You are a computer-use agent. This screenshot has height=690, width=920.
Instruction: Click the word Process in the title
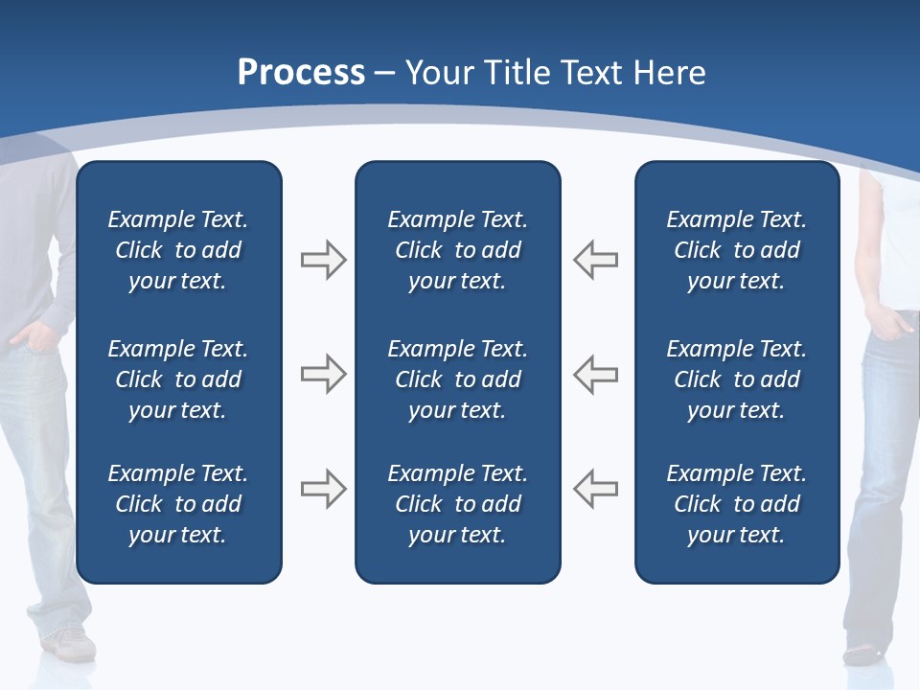301,72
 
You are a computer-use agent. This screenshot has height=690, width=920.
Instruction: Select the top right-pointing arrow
324,260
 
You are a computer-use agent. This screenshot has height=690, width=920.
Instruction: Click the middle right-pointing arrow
324,374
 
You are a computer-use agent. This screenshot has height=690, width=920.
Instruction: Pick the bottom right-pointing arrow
324,489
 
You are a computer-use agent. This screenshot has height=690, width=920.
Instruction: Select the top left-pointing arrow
595,260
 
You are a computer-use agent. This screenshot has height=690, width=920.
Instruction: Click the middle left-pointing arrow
595,374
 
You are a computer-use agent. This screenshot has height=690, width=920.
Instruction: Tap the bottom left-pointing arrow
595,489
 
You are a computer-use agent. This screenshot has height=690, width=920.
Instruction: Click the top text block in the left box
178,250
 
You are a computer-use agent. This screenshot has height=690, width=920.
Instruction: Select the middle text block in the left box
178,379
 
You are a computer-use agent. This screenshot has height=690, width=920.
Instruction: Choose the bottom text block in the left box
178,504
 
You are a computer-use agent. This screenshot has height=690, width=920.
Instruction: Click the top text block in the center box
457,250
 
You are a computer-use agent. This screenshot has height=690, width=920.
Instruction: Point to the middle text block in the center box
457,379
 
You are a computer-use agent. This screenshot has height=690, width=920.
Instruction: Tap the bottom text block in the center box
457,504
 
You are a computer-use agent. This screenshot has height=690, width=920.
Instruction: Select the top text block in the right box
736,250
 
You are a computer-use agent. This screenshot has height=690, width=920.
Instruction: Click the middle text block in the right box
736,379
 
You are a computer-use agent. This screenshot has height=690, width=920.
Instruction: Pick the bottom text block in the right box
736,504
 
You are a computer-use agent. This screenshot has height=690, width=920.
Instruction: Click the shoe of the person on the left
73,643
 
